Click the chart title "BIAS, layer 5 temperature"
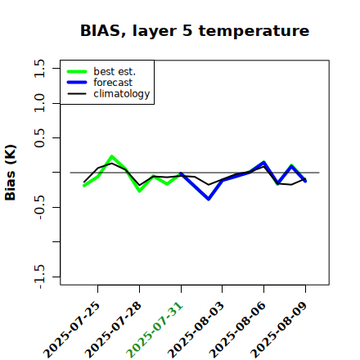point(195,30)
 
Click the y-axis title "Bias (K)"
point(11,173)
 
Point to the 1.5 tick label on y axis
point(39,68)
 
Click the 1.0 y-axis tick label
point(39,103)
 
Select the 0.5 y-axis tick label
point(39,138)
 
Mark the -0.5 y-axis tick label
point(39,207)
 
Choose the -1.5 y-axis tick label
point(39,277)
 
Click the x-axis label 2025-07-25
point(72,330)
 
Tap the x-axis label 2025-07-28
point(113,330)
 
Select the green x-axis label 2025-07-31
point(155,330)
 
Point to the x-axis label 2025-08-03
point(196,330)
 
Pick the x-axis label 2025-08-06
point(237,330)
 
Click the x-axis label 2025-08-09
point(279,330)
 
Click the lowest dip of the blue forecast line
point(209,200)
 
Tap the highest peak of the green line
point(111,156)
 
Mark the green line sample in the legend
point(77,71)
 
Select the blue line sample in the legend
point(77,83)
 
